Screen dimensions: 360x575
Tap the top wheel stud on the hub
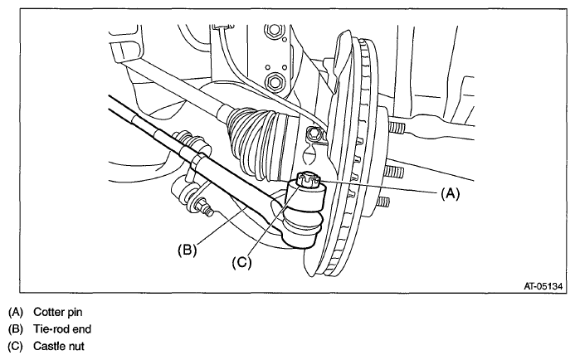point(397,129)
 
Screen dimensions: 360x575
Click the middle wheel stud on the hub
point(392,172)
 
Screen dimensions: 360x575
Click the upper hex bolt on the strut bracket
point(272,33)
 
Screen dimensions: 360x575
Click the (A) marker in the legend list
point(15,312)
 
